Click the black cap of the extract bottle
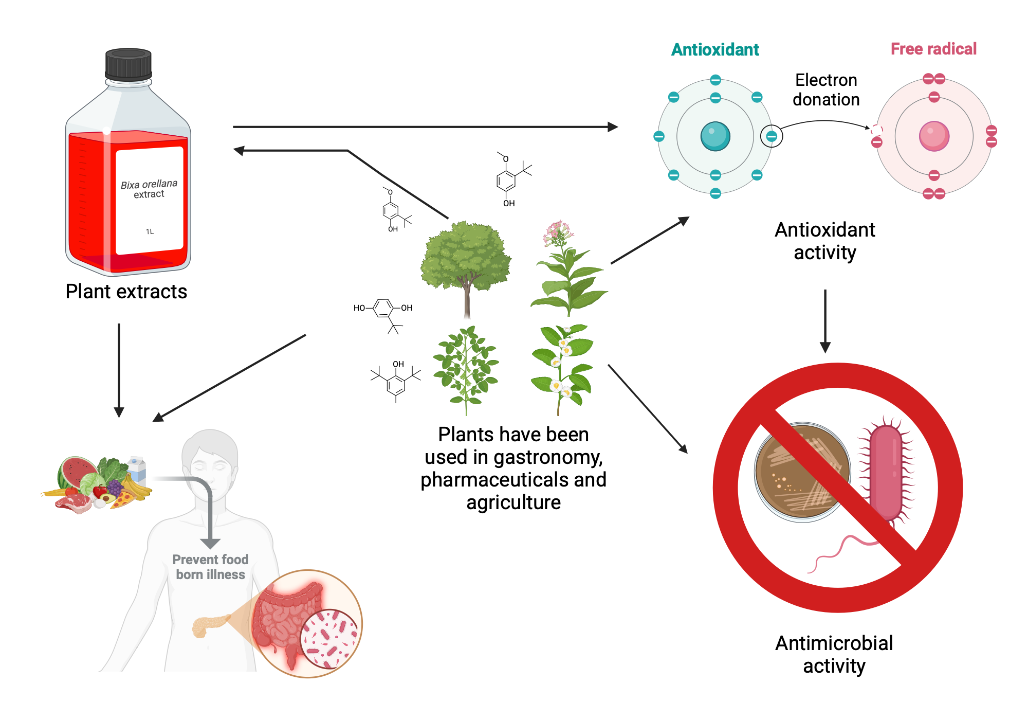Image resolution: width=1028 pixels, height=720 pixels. (128, 64)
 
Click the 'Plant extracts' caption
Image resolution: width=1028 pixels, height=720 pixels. (126, 292)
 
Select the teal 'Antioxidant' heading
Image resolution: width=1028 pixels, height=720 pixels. (715, 50)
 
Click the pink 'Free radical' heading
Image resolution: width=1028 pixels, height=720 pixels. (933, 49)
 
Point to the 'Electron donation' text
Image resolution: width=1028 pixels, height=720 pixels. (826, 89)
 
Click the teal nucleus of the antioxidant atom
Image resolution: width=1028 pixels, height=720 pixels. (715, 136)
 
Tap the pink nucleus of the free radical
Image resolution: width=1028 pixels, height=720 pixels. (934, 136)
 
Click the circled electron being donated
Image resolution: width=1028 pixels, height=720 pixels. (771, 136)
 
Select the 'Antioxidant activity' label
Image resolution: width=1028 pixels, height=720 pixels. (824, 241)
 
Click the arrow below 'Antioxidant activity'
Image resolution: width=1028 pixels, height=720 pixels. (825, 321)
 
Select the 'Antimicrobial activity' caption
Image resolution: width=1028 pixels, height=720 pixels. (834, 654)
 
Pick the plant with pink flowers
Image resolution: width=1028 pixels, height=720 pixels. (565, 267)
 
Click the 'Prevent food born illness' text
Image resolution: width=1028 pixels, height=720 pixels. (210, 567)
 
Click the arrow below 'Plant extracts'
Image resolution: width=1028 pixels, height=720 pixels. (119, 370)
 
